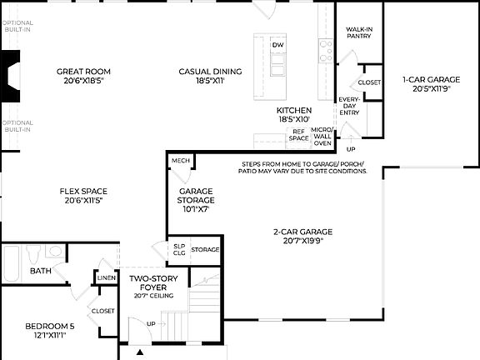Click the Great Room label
[83, 77]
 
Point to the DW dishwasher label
[278, 45]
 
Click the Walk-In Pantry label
[359, 33]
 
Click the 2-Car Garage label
[302, 236]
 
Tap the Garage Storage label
[197, 200]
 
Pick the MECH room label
[180, 160]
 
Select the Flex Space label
[83, 196]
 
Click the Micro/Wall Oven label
[322, 137]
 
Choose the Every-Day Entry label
[348, 106]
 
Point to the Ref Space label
[298, 135]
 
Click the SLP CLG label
[178, 249]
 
